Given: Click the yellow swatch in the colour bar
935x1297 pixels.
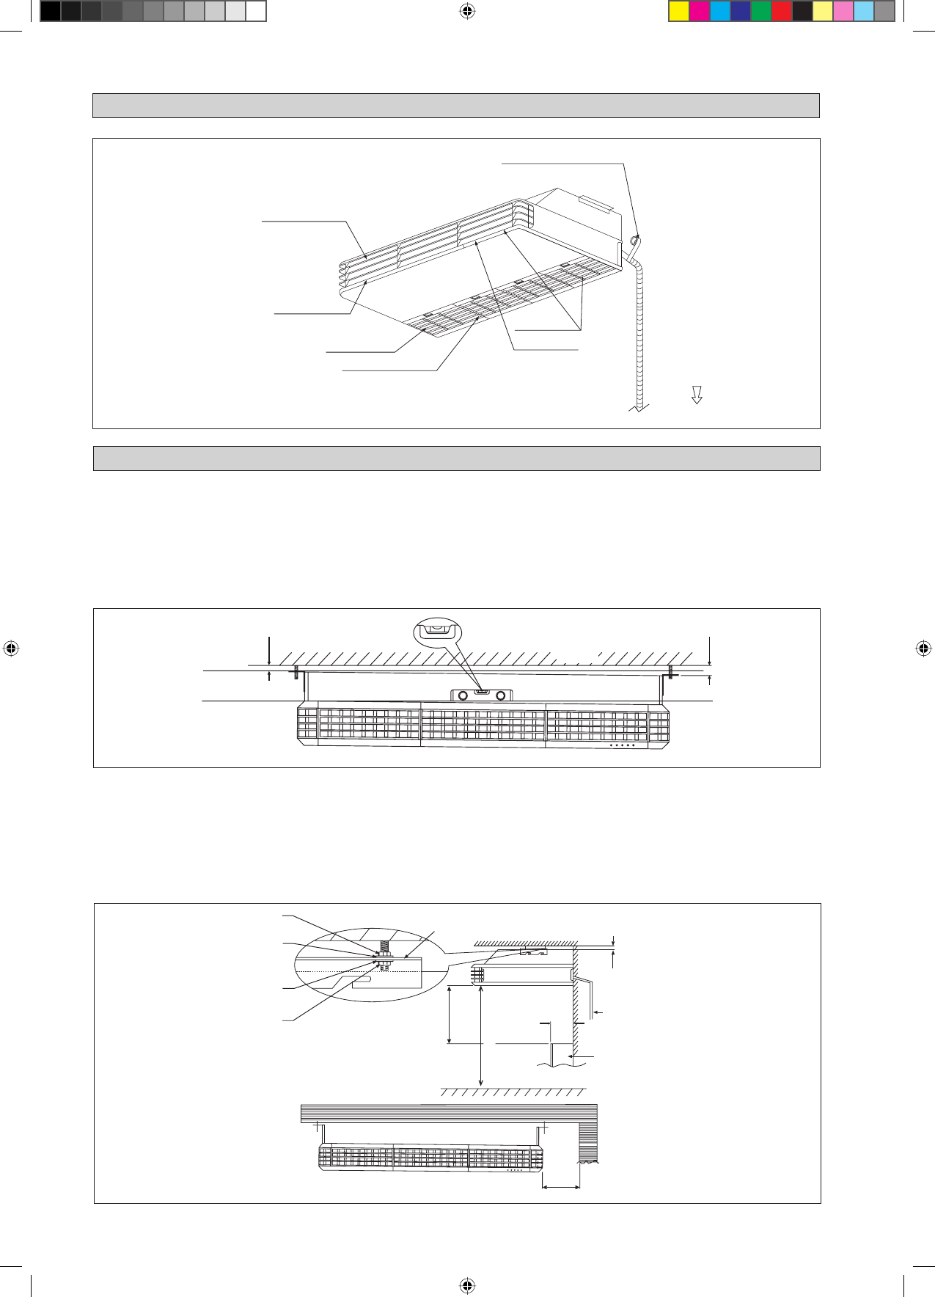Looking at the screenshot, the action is point(679,11).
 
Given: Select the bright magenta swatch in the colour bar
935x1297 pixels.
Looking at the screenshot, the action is point(700,11).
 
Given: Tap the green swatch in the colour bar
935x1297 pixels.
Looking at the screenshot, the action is point(761,11).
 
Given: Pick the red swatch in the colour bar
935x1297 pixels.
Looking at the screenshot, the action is point(782,11).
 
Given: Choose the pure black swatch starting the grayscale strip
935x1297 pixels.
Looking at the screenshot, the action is point(50,11).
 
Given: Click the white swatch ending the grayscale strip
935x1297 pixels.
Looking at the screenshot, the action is point(255,11).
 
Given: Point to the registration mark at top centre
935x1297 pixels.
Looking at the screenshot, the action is point(467,11).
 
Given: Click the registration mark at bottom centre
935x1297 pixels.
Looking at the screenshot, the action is point(467,1285).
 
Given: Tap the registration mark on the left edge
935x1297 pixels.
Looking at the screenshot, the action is point(10,648).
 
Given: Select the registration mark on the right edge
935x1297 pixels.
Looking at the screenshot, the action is point(923,648).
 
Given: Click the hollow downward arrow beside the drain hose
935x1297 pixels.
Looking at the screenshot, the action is point(697,395).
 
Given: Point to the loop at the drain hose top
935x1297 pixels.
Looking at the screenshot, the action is point(634,239).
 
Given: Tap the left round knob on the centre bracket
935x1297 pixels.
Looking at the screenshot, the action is point(463,695).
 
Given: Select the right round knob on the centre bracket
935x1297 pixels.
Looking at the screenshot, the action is point(501,695).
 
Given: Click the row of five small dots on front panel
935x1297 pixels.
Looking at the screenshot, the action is point(622,745).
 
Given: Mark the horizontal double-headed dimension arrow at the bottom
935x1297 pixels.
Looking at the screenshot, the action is point(561,1186).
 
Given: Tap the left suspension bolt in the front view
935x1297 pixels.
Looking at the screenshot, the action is point(296,672).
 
